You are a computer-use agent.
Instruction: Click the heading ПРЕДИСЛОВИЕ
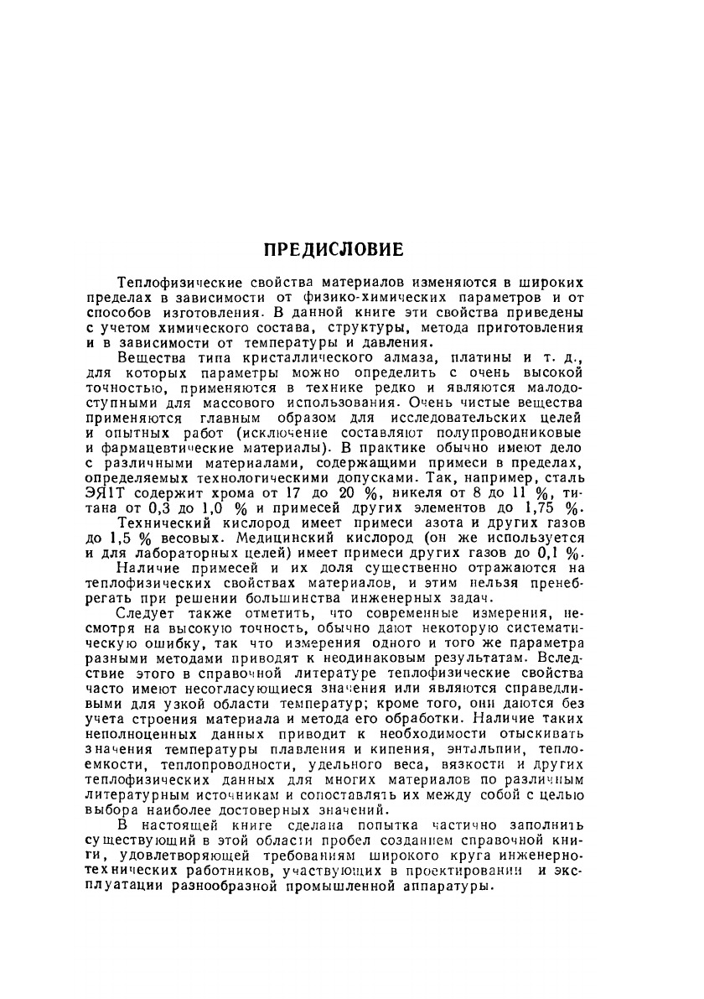(x=334, y=250)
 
